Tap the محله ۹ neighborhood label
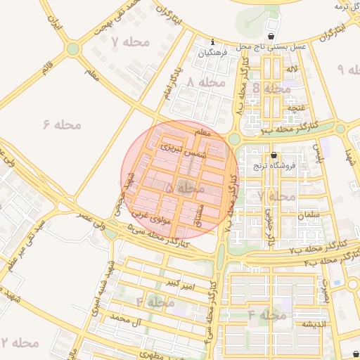pyautogui.click(x=349, y=70)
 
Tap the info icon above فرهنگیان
pyautogui.click(x=213, y=42)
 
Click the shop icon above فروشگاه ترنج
pyautogui.click(x=274, y=155)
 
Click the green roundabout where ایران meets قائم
pyautogui.click(x=72, y=49)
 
